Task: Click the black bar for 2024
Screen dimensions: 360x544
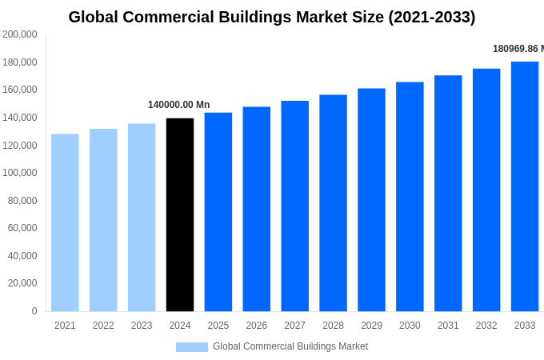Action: (180, 214)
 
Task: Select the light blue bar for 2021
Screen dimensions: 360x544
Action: (65, 222)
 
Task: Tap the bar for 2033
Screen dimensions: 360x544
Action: (525, 186)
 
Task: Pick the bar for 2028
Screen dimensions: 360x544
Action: (333, 203)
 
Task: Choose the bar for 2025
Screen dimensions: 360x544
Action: (218, 212)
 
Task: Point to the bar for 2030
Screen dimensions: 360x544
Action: (410, 197)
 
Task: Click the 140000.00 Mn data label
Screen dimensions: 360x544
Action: (179, 105)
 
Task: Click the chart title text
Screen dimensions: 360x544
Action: (272, 17)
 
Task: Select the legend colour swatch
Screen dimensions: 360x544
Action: (192, 346)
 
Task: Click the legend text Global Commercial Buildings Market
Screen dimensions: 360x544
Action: (290, 346)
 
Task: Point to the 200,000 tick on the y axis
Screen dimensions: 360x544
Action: (20, 34)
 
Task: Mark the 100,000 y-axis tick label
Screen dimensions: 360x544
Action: (20, 173)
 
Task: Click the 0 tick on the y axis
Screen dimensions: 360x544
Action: (34, 311)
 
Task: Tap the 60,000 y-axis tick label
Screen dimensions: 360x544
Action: (22, 228)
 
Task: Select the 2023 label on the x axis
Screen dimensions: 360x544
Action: (142, 326)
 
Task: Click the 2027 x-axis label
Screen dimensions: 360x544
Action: (294, 326)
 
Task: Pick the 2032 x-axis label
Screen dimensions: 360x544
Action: (486, 326)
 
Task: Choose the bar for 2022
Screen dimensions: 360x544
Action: (103, 220)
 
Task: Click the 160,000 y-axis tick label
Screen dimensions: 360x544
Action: (20, 90)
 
